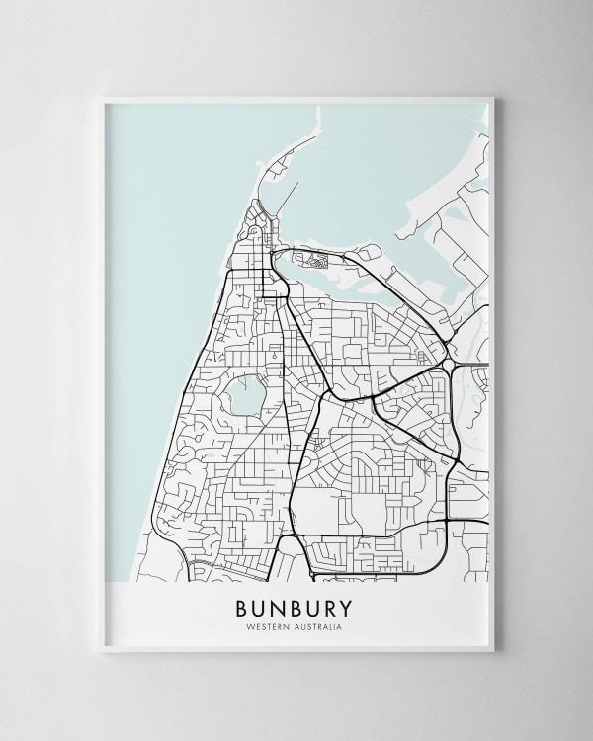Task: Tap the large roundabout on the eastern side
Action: pyautogui.click(x=451, y=364)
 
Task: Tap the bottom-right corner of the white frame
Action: pyautogui.click(x=495, y=656)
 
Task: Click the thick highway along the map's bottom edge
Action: pyautogui.click(x=376, y=571)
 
